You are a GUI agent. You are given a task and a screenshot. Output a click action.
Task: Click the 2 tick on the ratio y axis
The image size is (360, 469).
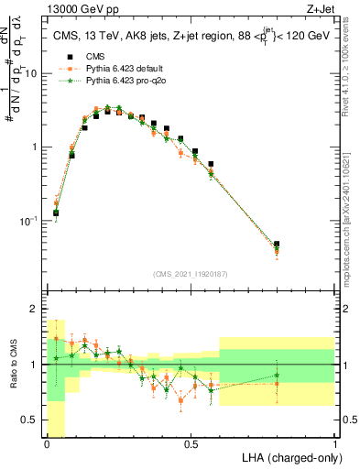[37, 309]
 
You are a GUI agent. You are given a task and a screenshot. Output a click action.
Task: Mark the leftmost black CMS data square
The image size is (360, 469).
[56, 213]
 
